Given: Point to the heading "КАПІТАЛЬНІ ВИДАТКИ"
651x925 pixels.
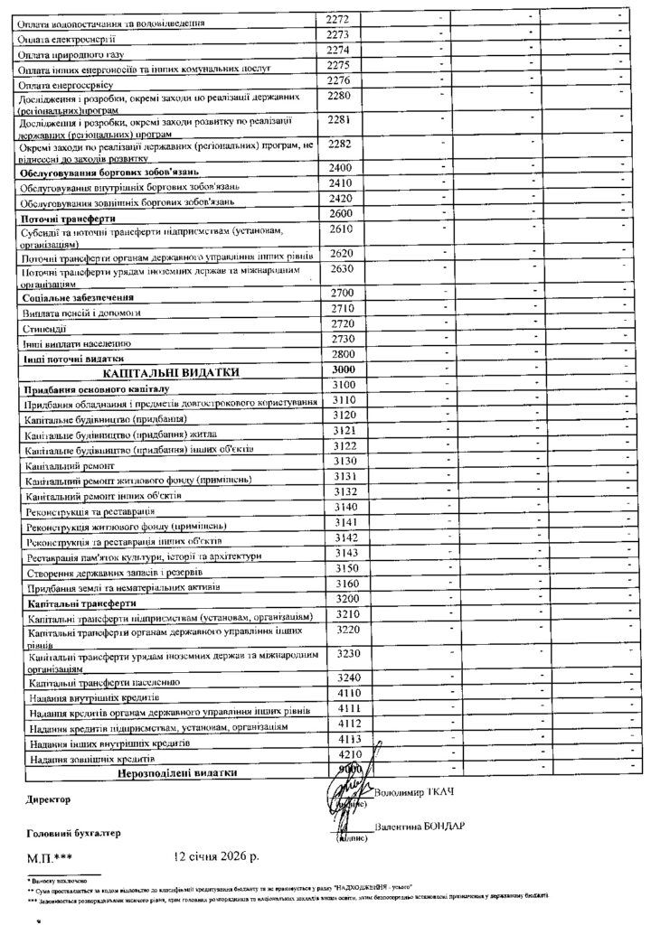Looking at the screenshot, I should tap(171, 372).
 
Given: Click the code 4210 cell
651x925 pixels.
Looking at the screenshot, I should tap(345, 753).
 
